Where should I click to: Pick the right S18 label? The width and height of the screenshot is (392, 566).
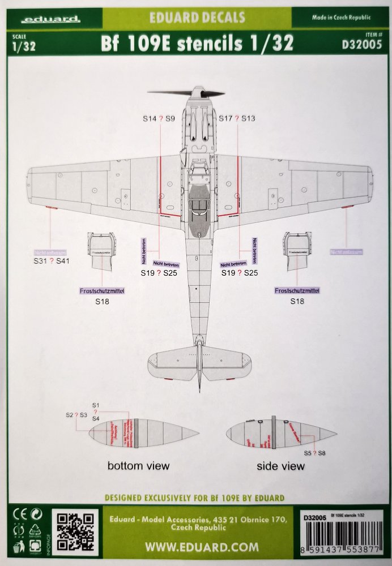(297, 302)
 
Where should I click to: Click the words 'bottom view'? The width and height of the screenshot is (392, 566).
(139, 466)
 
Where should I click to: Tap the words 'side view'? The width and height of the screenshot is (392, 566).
(280, 466)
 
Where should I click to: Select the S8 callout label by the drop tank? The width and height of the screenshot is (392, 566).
(322, 453)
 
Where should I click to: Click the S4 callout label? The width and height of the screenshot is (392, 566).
(96, 418)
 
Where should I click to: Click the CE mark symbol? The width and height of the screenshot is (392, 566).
(17, 516)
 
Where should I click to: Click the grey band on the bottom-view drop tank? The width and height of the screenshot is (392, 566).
(136, 434)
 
